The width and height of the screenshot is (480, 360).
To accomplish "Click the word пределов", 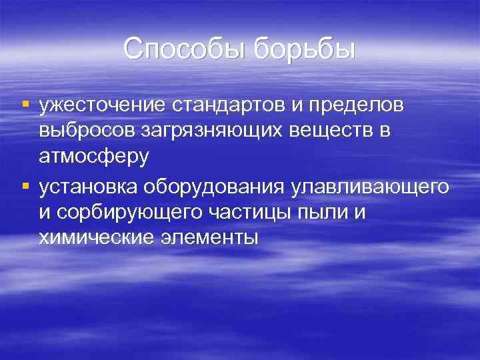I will pyautogui.click(x=362, y=106).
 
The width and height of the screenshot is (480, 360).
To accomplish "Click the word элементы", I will pyautogui.click(x=213, y=237).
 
